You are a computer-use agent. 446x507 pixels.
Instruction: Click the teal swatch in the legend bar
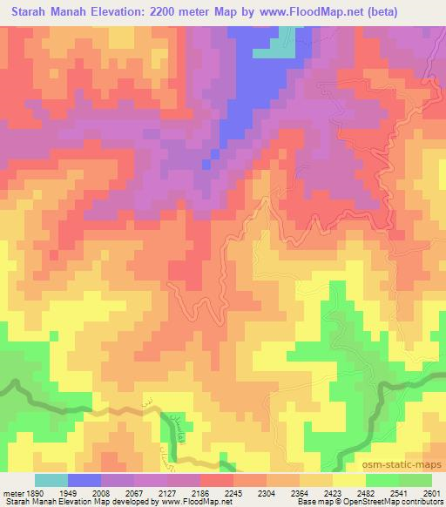51,480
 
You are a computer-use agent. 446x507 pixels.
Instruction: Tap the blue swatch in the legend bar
84,480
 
